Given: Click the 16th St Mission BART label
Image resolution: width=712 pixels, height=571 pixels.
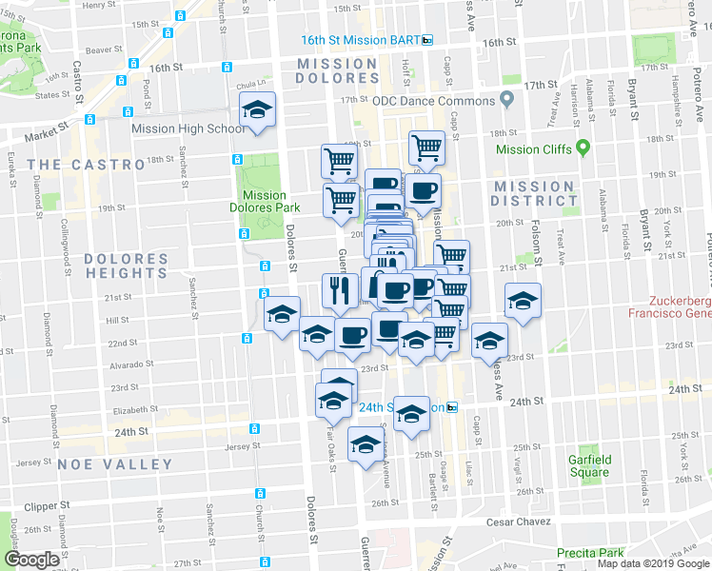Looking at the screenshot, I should point(360,40).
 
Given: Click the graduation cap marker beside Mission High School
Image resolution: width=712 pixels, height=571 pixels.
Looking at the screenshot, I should point(257,109).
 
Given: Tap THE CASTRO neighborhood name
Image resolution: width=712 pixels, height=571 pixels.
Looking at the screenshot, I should point(86,165).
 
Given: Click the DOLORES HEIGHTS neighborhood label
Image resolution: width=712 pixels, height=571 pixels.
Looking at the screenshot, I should point(126,266).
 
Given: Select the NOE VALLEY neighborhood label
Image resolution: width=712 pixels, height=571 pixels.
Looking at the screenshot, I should point(115,464).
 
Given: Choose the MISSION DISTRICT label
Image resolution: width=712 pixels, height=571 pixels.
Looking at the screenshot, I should point(533,193).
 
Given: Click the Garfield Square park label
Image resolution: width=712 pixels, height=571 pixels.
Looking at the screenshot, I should point(588,466).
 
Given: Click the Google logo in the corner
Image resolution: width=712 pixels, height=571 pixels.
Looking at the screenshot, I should point(31,560).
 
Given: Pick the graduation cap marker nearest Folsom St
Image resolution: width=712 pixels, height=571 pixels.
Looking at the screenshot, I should point(523,301).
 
